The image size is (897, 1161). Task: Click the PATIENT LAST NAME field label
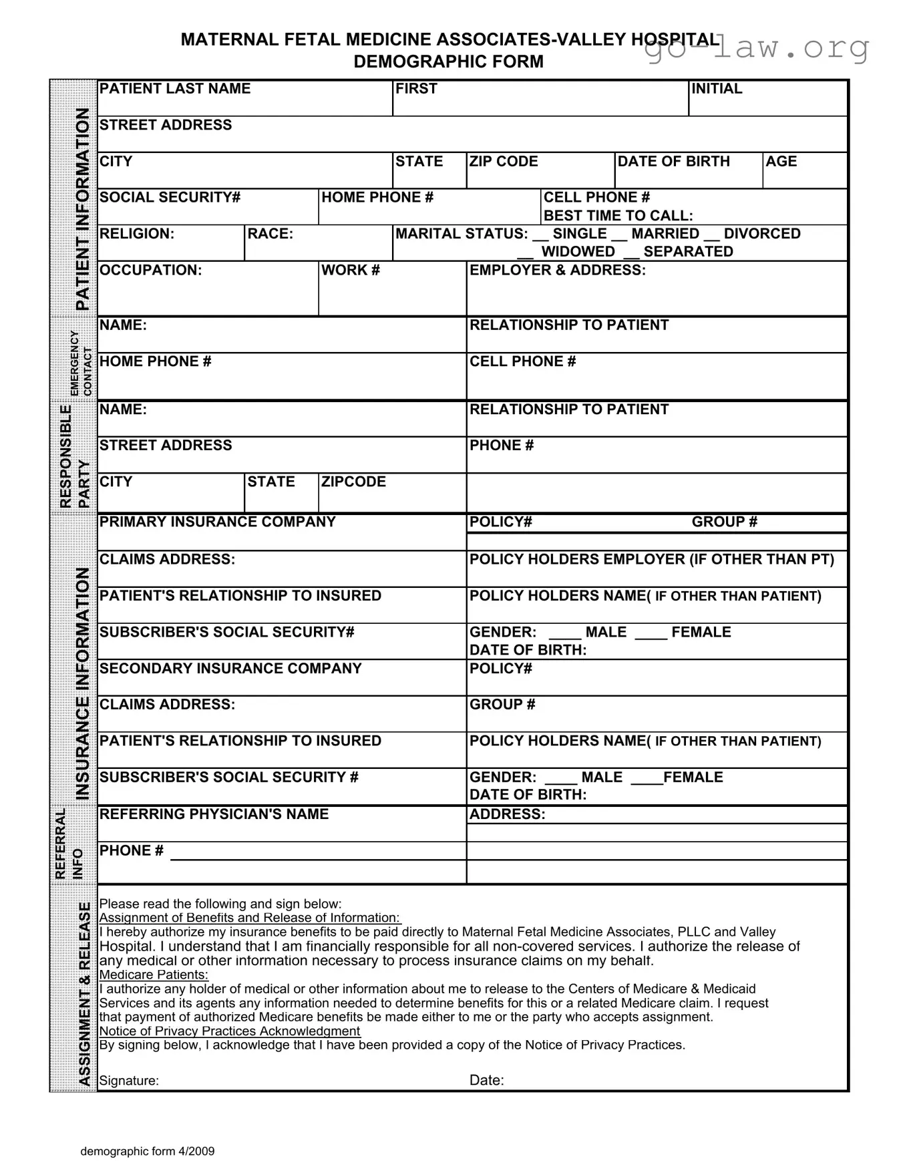175,89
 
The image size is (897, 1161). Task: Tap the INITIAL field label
717,89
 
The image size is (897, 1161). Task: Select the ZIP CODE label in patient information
504,162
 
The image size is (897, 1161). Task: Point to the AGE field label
781,162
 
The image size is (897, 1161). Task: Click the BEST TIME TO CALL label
618,216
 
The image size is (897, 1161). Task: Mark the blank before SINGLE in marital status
540,236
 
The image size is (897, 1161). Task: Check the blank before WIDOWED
526,254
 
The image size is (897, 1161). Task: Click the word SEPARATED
688,252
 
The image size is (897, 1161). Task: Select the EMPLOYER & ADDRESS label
558,271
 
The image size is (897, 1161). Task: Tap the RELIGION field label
137,234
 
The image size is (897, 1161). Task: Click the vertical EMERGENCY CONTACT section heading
81,363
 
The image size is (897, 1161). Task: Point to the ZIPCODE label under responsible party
353,482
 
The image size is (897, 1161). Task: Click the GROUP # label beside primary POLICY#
725,522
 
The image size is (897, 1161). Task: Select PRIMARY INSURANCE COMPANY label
218,522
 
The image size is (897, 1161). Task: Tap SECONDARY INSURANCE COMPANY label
230,669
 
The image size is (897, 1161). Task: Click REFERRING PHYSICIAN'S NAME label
214,814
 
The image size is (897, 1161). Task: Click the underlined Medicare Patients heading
154,975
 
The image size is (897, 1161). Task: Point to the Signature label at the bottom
129,1081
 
